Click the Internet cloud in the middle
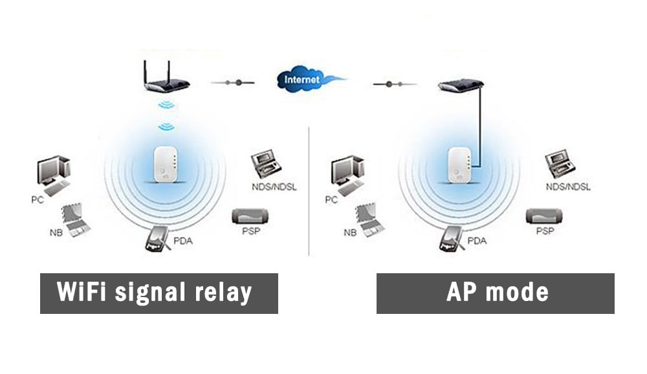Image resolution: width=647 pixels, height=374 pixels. tap(304, 79)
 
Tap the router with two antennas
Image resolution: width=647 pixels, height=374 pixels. tap(166, 83)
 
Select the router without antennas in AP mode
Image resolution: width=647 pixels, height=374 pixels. tap(461, 85)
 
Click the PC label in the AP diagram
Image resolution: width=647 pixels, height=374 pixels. tap(331, 200)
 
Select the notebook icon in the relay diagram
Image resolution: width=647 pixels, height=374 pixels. tap(76, 218)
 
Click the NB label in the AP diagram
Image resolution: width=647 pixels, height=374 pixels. tap(349, 232)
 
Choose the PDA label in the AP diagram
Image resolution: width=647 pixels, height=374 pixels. tap(477, 241)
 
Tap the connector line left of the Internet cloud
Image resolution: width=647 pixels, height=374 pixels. tap(234, 83)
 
